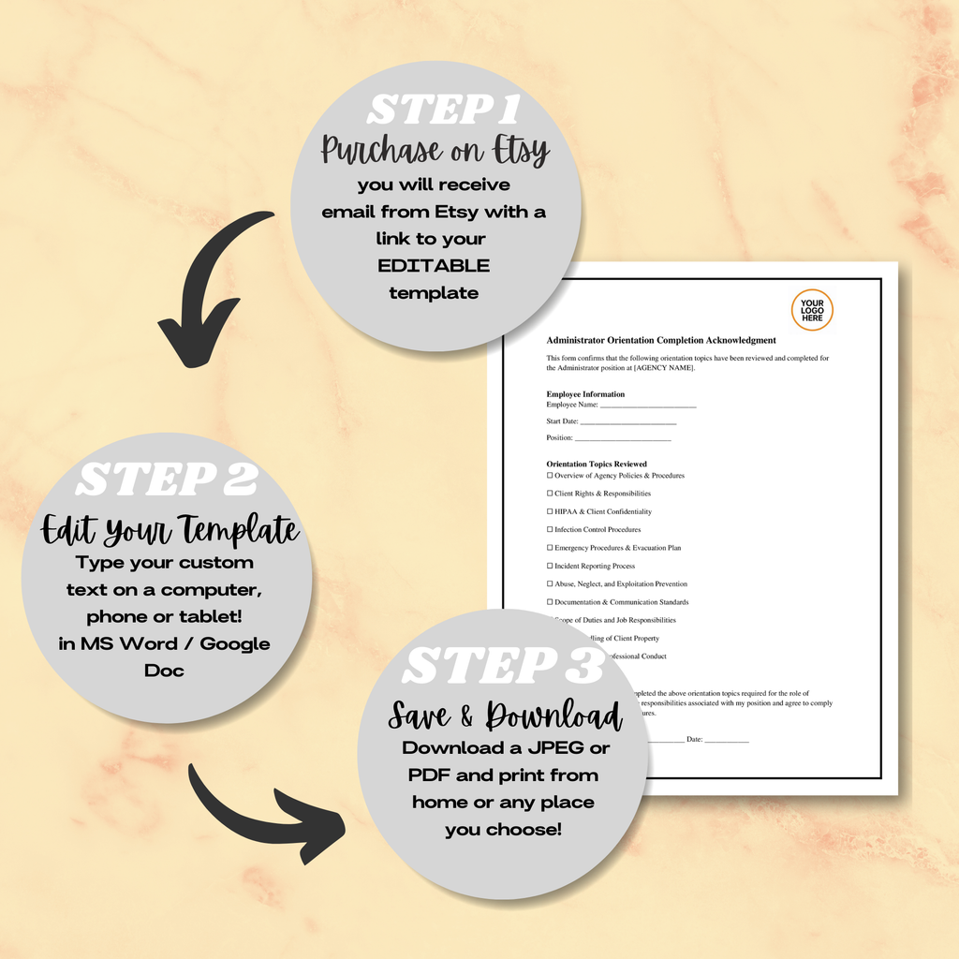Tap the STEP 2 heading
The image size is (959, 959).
pos(167,479)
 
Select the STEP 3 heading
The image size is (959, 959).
pos(503,666)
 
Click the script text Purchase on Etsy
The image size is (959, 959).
pos(435,150)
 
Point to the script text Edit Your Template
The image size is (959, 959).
pos(170,530)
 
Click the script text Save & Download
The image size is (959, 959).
pos(506,716)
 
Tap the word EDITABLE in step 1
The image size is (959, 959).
pos(434,266)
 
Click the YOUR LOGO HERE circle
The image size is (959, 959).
pos(812,310)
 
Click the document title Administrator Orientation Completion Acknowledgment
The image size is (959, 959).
pos(661,340)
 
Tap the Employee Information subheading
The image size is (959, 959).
pos(585,394)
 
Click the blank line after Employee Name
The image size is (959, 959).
pos(648,406)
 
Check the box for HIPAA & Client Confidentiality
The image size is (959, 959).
pos(550,511)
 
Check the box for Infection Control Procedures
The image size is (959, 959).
pos(550,530)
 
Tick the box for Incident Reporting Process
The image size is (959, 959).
pos(550,566)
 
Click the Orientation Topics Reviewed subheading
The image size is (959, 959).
pos(597,464)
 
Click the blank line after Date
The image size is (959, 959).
pos(727,741)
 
